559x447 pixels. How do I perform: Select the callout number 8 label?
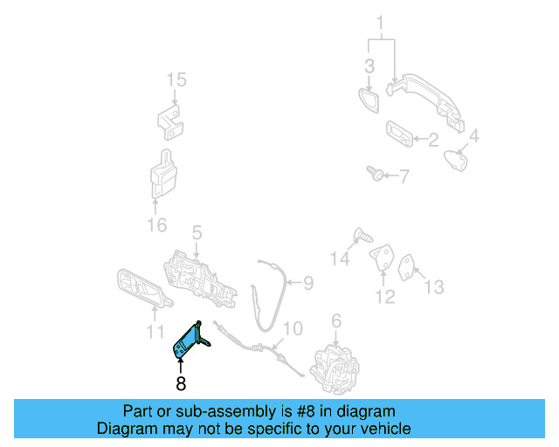(x=181, y=383)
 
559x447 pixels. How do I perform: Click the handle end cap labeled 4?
(x=453, y=160)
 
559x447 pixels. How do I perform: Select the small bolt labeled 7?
(x=375, y=174)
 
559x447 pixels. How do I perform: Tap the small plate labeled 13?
(x=409, y=265)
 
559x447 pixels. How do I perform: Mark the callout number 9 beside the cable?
(x=307, y=282)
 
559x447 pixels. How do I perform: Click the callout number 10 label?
(x=293, y=328)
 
